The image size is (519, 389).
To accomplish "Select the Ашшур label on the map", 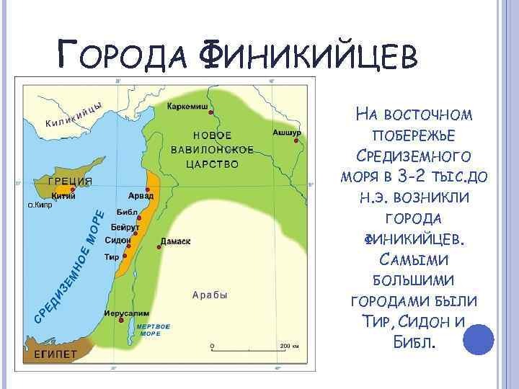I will pyautogui.click(x=286, y=133).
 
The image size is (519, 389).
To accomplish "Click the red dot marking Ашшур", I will pyautogui.click(x=296, y=142).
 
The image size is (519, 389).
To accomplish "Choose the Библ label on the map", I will pyautogui.click(x=126, y=215).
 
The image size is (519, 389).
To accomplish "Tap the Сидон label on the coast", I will pyautogui.click(x=117, y=239).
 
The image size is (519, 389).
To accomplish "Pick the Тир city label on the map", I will pyautogui.click(x=112, y=256).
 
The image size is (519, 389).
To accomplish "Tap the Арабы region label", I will pyautogui.click(x=210, y=295).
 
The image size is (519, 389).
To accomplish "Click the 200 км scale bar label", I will pyautogui.click(x=289, y=346).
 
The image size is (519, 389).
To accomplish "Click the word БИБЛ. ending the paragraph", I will pyautogui.click(x=414, y=339).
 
